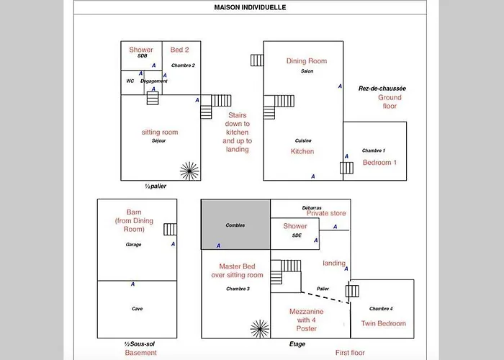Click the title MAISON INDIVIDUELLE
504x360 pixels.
(x=250, y=7)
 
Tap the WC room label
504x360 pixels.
(x=130, y=81)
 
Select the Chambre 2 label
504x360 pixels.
(x=183, y=66)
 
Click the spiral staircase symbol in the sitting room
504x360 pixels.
(x=189, y=171)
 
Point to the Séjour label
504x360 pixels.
(x=159, y=141)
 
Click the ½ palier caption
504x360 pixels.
(x=156, y=186)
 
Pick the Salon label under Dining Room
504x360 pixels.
(x=307, y=71)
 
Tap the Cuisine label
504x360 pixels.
(x=303, y=140)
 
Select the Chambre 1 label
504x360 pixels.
(x=374, y=150)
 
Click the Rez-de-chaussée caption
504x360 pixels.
(x=382, y=89)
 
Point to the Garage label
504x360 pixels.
(x=133, y=245)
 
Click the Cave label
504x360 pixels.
(x=138, y=309)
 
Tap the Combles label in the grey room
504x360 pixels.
(x=235, y=225)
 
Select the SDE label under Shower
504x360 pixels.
(x=297, y=235)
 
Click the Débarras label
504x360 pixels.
(x=312, y=208)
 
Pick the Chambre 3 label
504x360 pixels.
(x=238, y=289)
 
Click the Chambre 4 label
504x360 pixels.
(x=381, y=309)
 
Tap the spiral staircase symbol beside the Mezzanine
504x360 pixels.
(x=260, y=329)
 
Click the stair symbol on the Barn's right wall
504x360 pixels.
(x=170, y=230)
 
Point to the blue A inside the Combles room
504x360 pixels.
(x=219, y=246)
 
